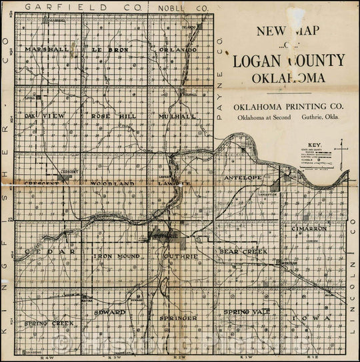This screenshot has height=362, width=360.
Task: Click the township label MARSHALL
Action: point(45,49)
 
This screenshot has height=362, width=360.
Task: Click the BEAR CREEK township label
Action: point(244,252)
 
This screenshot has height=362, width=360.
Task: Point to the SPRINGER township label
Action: point(178,319)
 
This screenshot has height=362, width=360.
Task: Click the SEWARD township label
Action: point(110,311)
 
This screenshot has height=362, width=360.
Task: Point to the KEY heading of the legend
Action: point(307,142)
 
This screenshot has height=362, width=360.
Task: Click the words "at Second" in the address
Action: point(280,117)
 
